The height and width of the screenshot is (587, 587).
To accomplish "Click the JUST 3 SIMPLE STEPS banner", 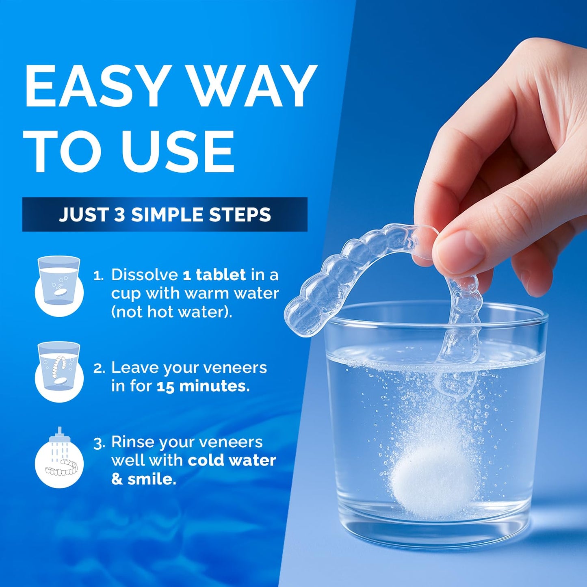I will pos(165,214).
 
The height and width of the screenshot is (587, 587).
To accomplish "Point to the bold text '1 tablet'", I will pos(214,275).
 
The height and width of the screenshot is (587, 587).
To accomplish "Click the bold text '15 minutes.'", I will pos(203,386).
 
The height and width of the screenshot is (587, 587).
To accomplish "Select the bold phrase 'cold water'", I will pos(232,460).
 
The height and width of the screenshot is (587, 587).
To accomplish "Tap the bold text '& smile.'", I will pos(144,479).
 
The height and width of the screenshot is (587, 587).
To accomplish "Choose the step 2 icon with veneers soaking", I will pos(59,371).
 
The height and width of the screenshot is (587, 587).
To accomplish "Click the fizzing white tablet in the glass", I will pos(433,481).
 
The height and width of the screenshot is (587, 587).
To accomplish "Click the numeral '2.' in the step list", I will pos(99,368).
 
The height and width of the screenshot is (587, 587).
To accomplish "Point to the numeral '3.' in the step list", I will pos(99,443).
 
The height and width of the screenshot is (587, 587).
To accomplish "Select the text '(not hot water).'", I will pos(171,312).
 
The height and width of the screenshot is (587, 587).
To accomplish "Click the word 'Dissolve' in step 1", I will pos(145,275).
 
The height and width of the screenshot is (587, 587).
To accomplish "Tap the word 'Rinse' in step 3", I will pos(133,442).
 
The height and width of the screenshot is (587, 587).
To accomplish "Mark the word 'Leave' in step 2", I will pos(134,368).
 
